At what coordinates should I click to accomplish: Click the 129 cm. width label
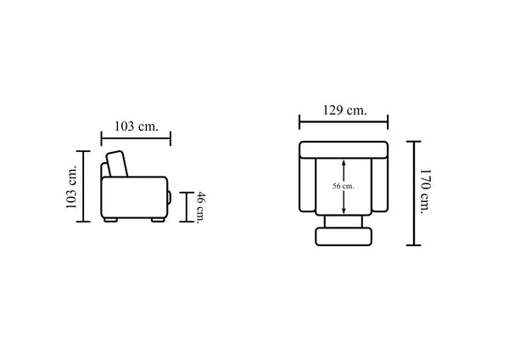(344, 110)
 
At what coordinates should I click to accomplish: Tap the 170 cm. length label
(425, 191)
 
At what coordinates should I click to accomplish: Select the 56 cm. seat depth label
(343, 186)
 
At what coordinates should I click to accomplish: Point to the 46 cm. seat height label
(201, 208)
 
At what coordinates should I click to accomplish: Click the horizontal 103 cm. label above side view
(137, 126)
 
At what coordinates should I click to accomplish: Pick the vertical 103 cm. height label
(71, 187)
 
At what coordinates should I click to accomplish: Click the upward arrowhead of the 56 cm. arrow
(344, 161)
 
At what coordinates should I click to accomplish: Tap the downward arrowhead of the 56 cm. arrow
(344, 211)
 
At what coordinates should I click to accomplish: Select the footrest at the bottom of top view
(344, 237)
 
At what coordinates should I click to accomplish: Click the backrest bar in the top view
(344, 149)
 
